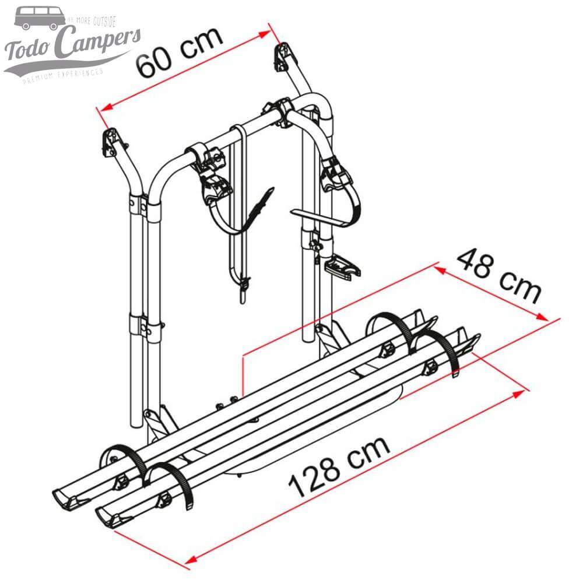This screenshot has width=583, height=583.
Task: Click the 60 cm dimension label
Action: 180,51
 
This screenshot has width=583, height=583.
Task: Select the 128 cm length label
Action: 339,466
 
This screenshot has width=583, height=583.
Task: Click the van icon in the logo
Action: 40,18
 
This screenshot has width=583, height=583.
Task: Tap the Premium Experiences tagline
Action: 63,74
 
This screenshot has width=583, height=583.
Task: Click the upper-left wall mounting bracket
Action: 114,142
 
